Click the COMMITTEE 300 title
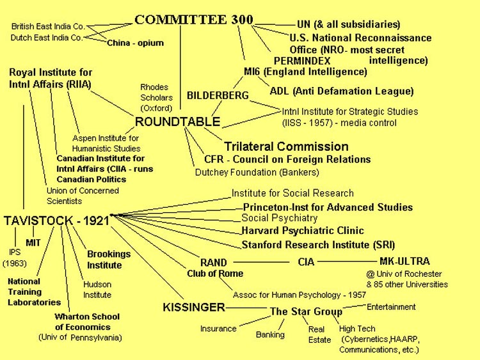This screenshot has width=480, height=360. pyautogui.click(x=194, y=20)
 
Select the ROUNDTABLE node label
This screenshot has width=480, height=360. pyautogui.click(x=177, y=121)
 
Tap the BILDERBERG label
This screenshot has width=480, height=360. pyautogui.click(x=218, y=95)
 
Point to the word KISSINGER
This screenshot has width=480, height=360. pyautogui.click(x=194, y=307)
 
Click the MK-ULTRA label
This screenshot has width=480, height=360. pyautogui.click(x=404, y=261)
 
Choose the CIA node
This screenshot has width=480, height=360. pyautogui.click(x=306, y=262)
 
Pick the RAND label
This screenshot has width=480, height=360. pyautogui.click(x=213, y=262)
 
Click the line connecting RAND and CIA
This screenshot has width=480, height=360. pyautogui.click(x=261, y=262)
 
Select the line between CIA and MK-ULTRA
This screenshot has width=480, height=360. pyautogui.click(x=347, y=262)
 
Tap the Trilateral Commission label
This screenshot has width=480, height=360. pyautogui.click(x=286, y=146)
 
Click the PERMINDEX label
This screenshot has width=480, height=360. pyautogui.click(x=302, y=61)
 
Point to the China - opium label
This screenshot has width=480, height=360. pyautogui.click(x=135, y=43)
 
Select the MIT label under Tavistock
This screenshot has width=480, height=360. pyautogui.click(x=33, y=243)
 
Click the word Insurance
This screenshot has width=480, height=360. pyautogui.click(x=218, y=329)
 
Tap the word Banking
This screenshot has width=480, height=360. pyautogui.click(x=270, y=334)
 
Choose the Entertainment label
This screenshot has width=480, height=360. pyautogui.click(x=391, y=307)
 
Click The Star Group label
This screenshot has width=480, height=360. pyautogui.click(x=306, y=311)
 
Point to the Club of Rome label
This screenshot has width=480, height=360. pyautogui.click(x=215, y=274)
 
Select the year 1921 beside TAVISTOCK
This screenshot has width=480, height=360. pyautogui.click(x=96, y=221)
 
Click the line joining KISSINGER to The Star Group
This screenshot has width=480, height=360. pyautogui.click(x=246, y=308)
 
